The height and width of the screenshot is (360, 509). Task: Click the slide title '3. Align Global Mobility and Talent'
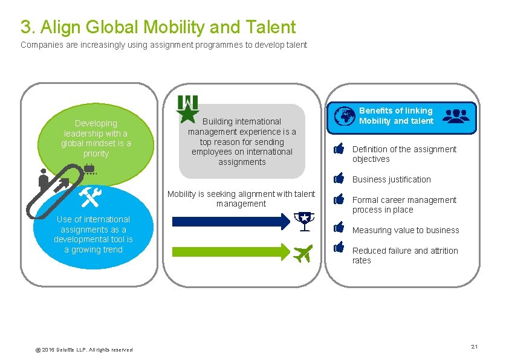tap(158, 27)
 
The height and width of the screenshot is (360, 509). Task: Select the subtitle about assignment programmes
tap(164, 45)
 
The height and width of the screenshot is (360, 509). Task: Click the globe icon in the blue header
tap(345, 116)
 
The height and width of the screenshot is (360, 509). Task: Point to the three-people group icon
tap(455, 115)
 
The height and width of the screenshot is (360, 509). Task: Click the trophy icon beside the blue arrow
tap(303, 222)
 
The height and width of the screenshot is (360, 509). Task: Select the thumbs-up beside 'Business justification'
tap(339, 179)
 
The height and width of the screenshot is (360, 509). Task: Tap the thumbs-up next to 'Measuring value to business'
tap(339, 228)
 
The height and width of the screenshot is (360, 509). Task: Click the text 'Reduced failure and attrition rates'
tap(405, 256)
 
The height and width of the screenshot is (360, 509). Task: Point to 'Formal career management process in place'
tap(404, 205)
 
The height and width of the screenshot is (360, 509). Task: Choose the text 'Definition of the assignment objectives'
tap(404, 154)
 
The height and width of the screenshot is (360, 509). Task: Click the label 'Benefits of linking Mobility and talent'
tap(396, 116)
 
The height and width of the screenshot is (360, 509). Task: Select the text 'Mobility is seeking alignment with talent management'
tap(241, 199)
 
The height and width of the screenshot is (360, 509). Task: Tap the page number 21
tap(475, 346)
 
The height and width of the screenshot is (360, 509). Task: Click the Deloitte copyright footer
tap(84, 350)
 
